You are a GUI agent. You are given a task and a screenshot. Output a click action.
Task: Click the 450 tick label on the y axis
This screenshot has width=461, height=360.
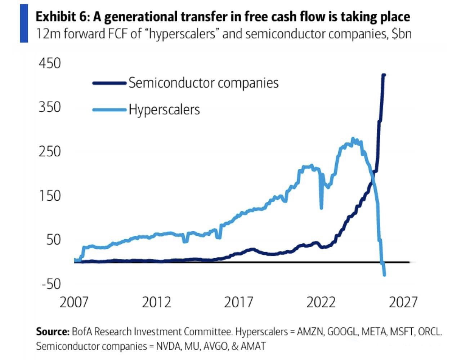[50, 63]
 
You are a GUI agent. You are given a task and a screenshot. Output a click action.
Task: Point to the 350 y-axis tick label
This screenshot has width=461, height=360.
[50, 107]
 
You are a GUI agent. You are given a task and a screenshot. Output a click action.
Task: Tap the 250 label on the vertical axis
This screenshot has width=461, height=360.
[50, 151]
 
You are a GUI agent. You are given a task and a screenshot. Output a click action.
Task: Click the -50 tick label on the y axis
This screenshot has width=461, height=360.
[51, 284]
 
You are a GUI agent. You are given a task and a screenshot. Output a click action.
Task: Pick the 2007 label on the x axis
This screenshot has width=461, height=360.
[74, 302]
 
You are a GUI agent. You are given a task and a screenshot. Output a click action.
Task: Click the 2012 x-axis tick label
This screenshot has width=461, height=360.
[156, 302]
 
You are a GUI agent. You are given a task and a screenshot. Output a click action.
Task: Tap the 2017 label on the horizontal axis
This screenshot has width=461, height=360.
[239, 302]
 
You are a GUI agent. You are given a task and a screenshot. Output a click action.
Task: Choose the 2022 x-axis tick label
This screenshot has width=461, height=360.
[321, 302]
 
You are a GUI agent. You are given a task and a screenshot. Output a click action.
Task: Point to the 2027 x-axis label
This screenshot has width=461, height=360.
[403, 302]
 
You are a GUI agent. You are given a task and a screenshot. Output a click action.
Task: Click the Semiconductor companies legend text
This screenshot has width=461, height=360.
[203, 83]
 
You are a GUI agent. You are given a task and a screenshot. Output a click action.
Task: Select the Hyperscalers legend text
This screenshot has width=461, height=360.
[164, 110]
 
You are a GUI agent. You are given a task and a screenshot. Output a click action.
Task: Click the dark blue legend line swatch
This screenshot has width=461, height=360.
[109, 83]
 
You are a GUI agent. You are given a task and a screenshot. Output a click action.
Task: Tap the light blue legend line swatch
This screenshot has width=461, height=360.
[109, 110]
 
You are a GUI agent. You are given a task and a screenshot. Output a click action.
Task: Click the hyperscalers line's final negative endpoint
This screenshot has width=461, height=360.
[385, 275]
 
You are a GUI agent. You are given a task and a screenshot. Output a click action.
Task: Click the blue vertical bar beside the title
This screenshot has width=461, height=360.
[24, 23]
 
